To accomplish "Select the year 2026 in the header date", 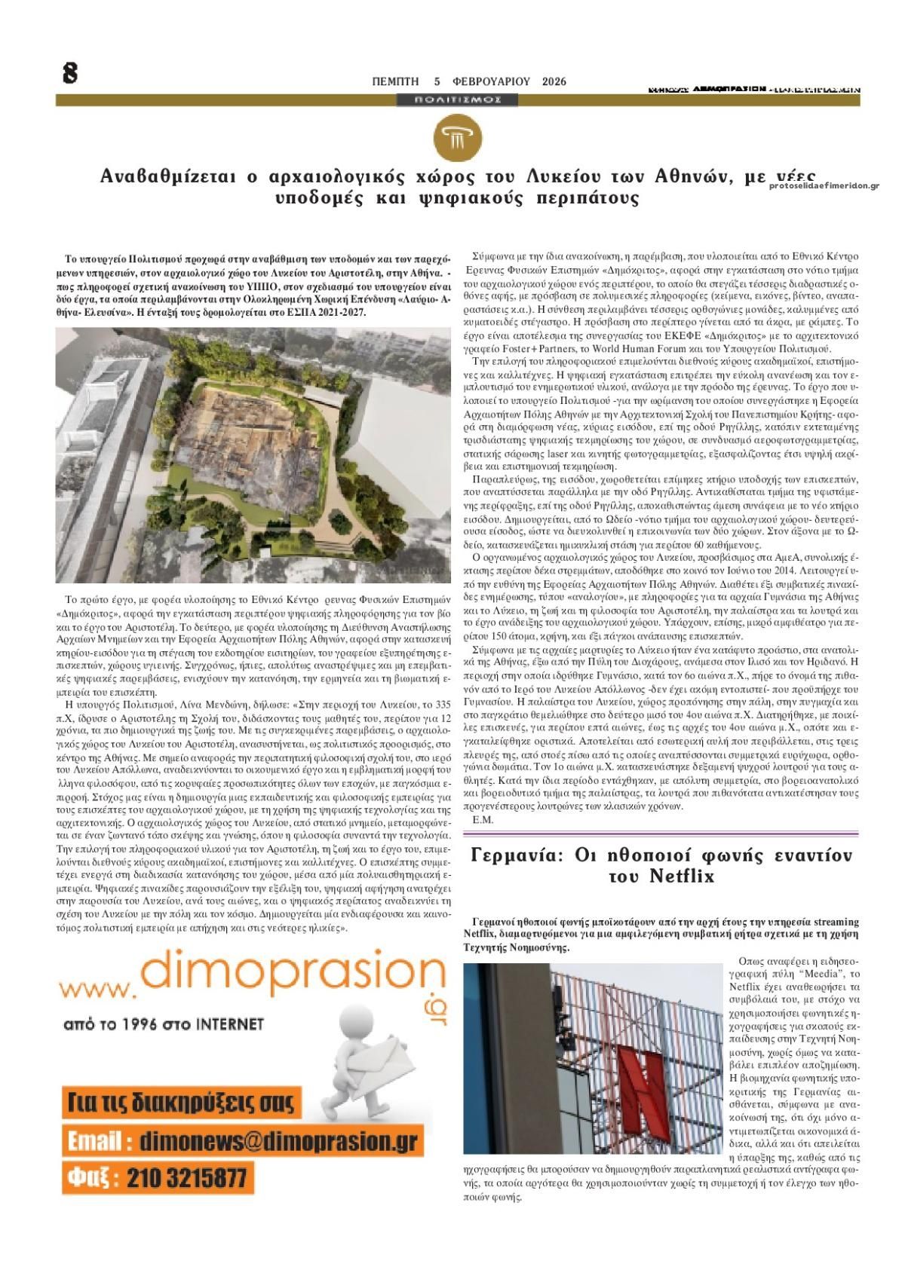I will (554, 81).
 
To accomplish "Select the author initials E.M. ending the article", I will (482, 820).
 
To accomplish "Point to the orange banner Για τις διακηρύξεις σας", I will (181, 1103).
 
